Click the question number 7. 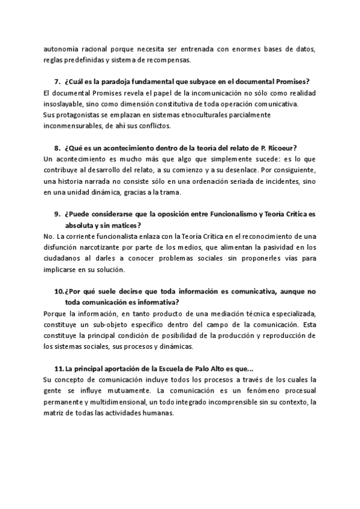click(57, 82)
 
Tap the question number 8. click(57, 148)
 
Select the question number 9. click(57, 214)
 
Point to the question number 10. click(59, 292)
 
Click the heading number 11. click(59, 369)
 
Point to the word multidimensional click(115, 402)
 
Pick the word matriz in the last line click(55, 413)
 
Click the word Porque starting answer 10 click(56, 314)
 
